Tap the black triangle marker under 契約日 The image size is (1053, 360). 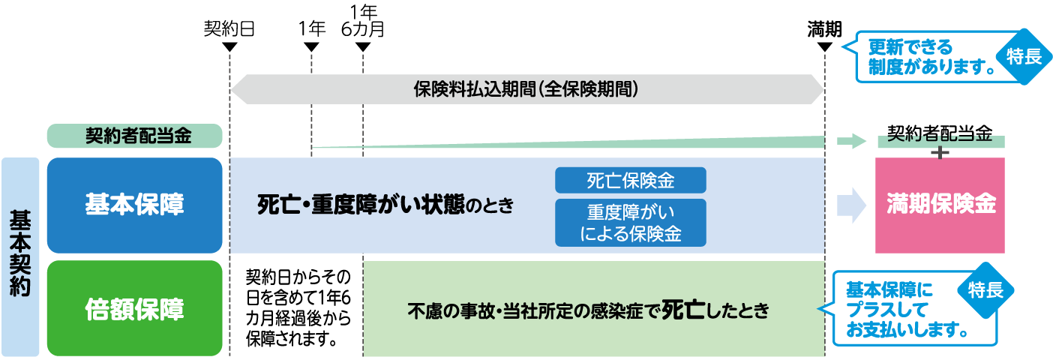tap(230, 47)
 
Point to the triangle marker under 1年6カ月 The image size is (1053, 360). tap(363, 47)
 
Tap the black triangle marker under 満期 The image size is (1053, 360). tap(825, 47)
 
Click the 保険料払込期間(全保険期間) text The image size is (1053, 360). tap(526, 88)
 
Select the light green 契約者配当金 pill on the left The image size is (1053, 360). tap(135, 136)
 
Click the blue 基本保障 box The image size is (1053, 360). tap(135, 205)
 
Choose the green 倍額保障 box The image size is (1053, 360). tap(135, 308)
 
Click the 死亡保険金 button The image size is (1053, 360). tap(631, 180)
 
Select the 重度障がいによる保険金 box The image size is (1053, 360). tap(631, 223)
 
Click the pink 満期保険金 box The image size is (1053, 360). tap(940, 205)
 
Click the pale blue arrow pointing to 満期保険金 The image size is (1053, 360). tap(850, 205)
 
